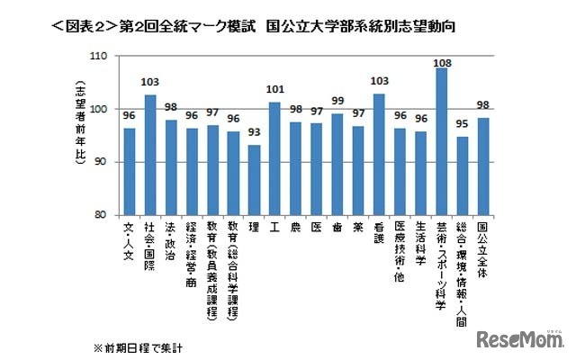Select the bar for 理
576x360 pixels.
(254, 180)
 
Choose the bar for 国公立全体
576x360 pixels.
(483, 166)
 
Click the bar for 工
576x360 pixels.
(274, 158)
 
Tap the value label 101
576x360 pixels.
(274, 91)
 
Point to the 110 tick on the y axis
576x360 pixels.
(98, 56)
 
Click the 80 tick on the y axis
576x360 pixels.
(101, 216)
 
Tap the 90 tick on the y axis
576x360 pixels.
(101, 162)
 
